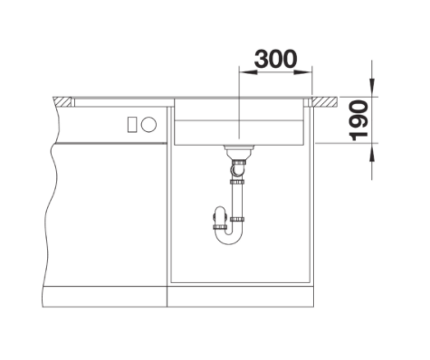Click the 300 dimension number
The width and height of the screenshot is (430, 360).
(x=275, y=59)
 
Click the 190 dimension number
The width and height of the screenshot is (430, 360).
(x=358, y=121)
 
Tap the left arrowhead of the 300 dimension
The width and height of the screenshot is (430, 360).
(x=248, y=72)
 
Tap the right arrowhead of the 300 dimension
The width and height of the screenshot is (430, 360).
(x=302, y=72)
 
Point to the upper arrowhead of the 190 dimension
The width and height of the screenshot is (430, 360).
(x=372, y=88)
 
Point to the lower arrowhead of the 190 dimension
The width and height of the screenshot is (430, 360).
(x=372, y=152)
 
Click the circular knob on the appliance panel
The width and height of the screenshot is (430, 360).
(x=148, y=124)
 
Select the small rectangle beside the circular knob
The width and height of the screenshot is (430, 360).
(x=132, y=124)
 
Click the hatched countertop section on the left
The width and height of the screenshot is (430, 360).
(x=63, y=101)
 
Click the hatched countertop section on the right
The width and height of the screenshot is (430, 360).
(x=325, y=101)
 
